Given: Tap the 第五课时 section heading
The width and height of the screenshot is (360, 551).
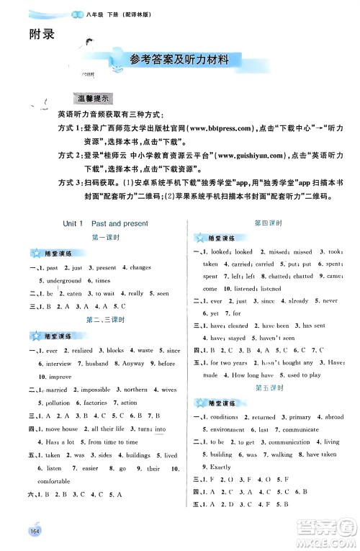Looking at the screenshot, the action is (x=269, y=388).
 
